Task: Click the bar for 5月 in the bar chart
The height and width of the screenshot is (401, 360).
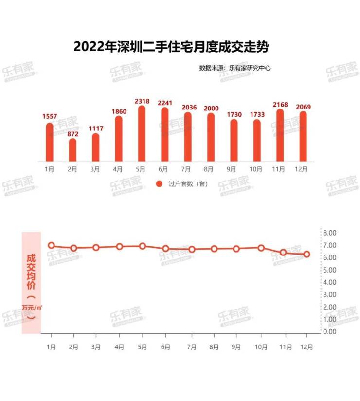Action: tap(142, 134)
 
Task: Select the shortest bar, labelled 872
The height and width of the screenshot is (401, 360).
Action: tap(72, 150)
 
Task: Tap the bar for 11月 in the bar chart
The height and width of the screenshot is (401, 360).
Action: tap(280, 135)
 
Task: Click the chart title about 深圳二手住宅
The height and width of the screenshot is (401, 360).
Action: tap(171, 47)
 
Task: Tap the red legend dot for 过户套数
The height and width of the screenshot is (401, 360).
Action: tap(159, 183)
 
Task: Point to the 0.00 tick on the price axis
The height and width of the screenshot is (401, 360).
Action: tap(330, 332)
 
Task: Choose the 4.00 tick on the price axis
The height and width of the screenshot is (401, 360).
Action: tap(330, 282)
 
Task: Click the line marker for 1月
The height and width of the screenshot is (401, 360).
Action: tap(51, 245)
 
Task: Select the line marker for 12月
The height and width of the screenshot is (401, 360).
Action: tap(306, 254)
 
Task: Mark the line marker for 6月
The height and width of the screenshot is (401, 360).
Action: tap(166, 249)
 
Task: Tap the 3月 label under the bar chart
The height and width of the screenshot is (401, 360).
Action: tap(95, 169)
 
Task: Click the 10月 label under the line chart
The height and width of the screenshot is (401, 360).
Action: tap(261, 347)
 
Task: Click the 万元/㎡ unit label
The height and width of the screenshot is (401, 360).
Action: tap(31, 307)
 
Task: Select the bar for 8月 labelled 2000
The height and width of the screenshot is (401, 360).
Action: tap(211, 137)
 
